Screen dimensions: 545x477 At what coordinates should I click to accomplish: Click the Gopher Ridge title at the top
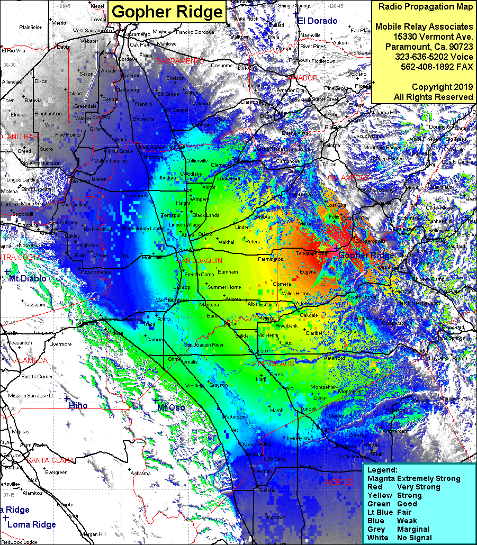coord(167,12)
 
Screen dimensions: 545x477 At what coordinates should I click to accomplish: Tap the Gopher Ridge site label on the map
coord(366,256)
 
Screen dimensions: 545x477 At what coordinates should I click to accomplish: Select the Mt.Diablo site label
coord(28,278)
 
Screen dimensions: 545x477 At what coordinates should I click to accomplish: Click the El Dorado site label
coord(317,21)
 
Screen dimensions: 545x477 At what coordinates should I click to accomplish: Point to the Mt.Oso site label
coord(171,407)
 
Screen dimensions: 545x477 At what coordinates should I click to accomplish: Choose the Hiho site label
coord(78,406)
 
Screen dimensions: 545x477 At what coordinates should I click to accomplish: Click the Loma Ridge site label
coord(32,524)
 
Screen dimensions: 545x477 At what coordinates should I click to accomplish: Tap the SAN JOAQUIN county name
coord(200,261)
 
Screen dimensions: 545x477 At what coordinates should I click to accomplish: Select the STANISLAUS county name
coord(273,364)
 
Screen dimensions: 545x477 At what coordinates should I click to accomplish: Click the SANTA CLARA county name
coord(50,460)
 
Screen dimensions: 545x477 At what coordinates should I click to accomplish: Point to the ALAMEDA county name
coord(31,360)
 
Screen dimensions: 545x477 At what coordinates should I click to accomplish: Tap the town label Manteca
coord(209,305)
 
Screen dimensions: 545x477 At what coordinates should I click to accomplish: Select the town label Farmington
coord(271,259)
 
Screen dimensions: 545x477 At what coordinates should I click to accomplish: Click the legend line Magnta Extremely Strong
coord(414,478)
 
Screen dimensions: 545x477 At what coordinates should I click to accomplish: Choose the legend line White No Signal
coord(399,538)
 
